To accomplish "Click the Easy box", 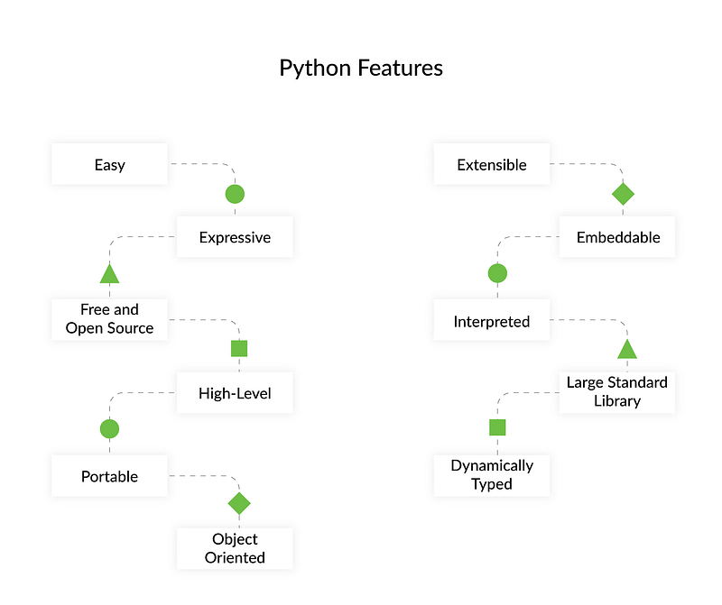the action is (109, 164).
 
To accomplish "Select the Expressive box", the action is (235, 236).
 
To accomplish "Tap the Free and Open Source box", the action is (109, 319).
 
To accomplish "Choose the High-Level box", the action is (235, 392).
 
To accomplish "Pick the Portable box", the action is (109, 476).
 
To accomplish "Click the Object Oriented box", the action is (235, 548).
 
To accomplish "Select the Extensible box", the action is (492, 164).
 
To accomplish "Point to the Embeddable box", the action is (617, 236).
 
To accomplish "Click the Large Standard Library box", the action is (617, 392).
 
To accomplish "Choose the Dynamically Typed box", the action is (492, 476).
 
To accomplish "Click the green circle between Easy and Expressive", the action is (235, 194).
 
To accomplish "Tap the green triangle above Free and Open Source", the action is (109, 274).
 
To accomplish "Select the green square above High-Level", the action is (239, 348).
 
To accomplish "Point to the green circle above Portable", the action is (109, 429).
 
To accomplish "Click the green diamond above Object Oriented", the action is (239, 503).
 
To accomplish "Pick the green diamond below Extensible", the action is (623, 194).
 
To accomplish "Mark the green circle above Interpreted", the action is (497, 273).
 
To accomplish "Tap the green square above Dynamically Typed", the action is (497, 427).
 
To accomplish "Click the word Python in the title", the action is (315, 69).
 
